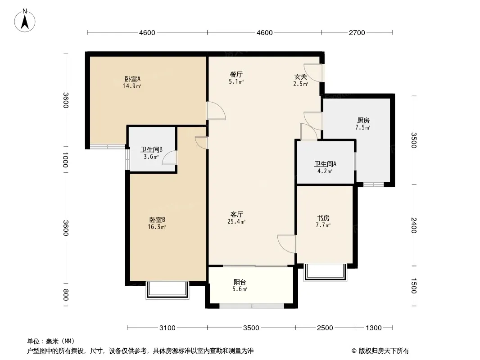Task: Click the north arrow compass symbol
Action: [x=25, y=21]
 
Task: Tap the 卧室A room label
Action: [x=132, y=79]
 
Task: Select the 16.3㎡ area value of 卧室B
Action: [x=157, y=227]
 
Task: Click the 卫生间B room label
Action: [x=151, y=149]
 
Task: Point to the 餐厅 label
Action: [x=236, y=74]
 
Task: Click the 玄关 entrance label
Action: [x=301, y=76]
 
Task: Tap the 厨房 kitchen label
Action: [x=363, y=121]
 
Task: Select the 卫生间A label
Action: [x=325, y=164]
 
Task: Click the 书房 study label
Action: [x=323, y=218]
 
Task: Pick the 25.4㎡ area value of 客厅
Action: [x=236, y=221]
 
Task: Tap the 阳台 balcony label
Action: [x=240, y=282]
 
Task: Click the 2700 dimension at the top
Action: [x=357, y=33]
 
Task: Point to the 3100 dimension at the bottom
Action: [x=168, y=328]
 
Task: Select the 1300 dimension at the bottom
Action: [x=374, y=328]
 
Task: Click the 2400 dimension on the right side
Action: [x=414, y=225]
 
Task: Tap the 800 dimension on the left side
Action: [x=65, y=295]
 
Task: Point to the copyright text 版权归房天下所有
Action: [x=384, y=351]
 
